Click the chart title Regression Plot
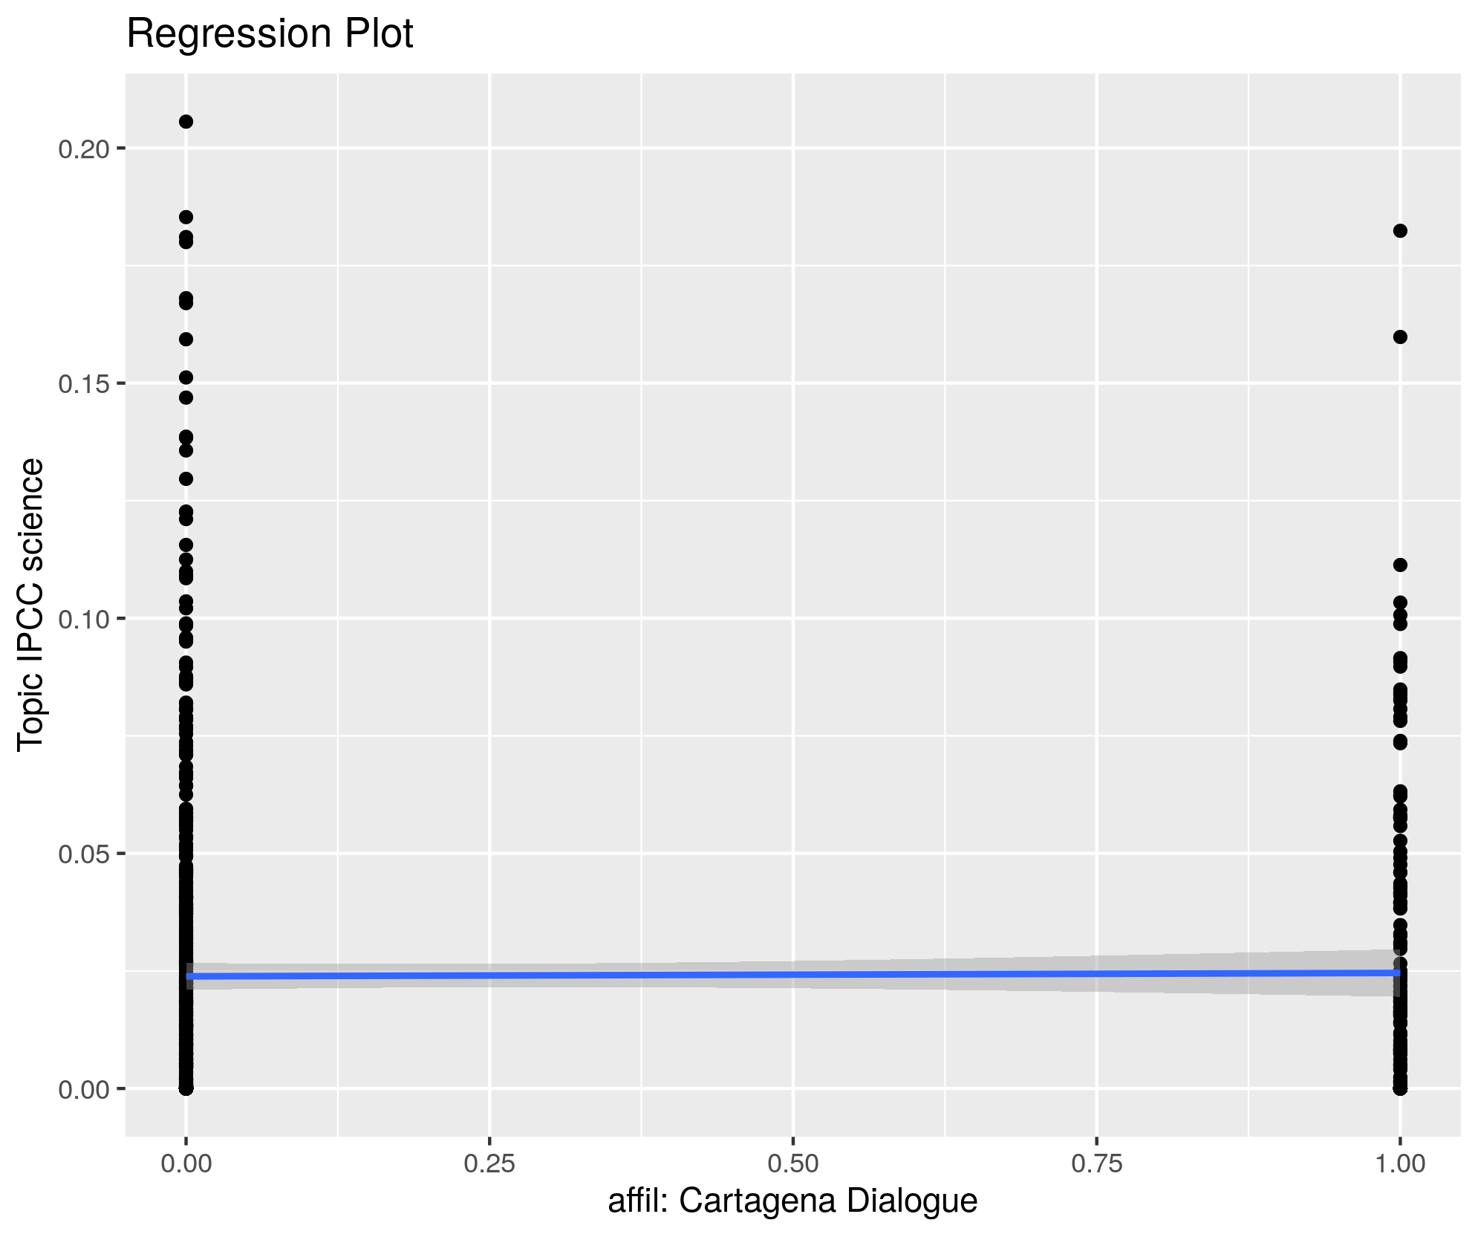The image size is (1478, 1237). (270, 34)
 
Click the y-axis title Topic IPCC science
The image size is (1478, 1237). (31, 604)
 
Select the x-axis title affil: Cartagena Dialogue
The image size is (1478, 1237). (792, 1201)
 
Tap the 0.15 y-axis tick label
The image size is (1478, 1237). (83, 384)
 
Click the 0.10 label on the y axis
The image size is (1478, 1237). (83, 619)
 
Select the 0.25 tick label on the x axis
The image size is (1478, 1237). (489, 1163)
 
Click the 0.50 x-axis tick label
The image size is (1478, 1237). (793, 1163)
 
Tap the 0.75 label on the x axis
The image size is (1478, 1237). (1097, 1163)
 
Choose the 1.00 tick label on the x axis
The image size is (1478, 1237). (1400, 1163)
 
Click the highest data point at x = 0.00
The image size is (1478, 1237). (186, 122)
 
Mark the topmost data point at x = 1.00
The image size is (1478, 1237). (1400, 231)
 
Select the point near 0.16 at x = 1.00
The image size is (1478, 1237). (1400, 337)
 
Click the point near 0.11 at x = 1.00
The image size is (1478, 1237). (1400, 565)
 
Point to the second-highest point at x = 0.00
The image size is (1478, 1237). (186, 218)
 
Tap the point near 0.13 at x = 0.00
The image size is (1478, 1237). (186, 479)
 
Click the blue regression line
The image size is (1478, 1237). (793, 974)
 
